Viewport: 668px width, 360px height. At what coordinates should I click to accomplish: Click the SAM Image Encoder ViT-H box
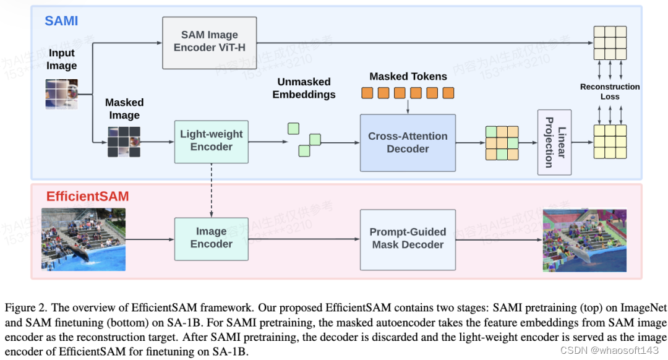coord(209,43)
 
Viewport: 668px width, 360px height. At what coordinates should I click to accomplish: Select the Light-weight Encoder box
coord(211,141)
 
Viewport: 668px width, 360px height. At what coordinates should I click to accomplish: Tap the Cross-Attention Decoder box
coord(407,142)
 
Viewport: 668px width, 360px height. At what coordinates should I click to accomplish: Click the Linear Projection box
coord(554,142)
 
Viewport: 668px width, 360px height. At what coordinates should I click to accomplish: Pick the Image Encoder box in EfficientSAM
coord(211,238)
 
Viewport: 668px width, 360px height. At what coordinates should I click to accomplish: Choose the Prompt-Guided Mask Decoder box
coord(407,238)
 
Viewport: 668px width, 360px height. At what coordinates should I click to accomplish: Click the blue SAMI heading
coord(61,21)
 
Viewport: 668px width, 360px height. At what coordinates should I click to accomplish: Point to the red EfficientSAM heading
coord(87,197)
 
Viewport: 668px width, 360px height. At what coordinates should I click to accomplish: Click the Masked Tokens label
coord(408,77)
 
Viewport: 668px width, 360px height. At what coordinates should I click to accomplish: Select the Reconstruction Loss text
coord(609,92)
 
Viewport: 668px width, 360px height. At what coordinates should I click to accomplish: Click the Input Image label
coord(62,60)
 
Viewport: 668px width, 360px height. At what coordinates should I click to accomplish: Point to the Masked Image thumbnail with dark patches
coord(123,142)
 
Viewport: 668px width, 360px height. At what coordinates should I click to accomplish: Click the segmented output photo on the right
coord(584,240)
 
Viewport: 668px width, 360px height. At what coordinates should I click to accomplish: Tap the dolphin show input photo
coord(83,239)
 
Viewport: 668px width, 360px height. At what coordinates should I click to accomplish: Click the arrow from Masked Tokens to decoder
coord(408,106)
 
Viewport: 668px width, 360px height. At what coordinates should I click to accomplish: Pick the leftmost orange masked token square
coord(367,93)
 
